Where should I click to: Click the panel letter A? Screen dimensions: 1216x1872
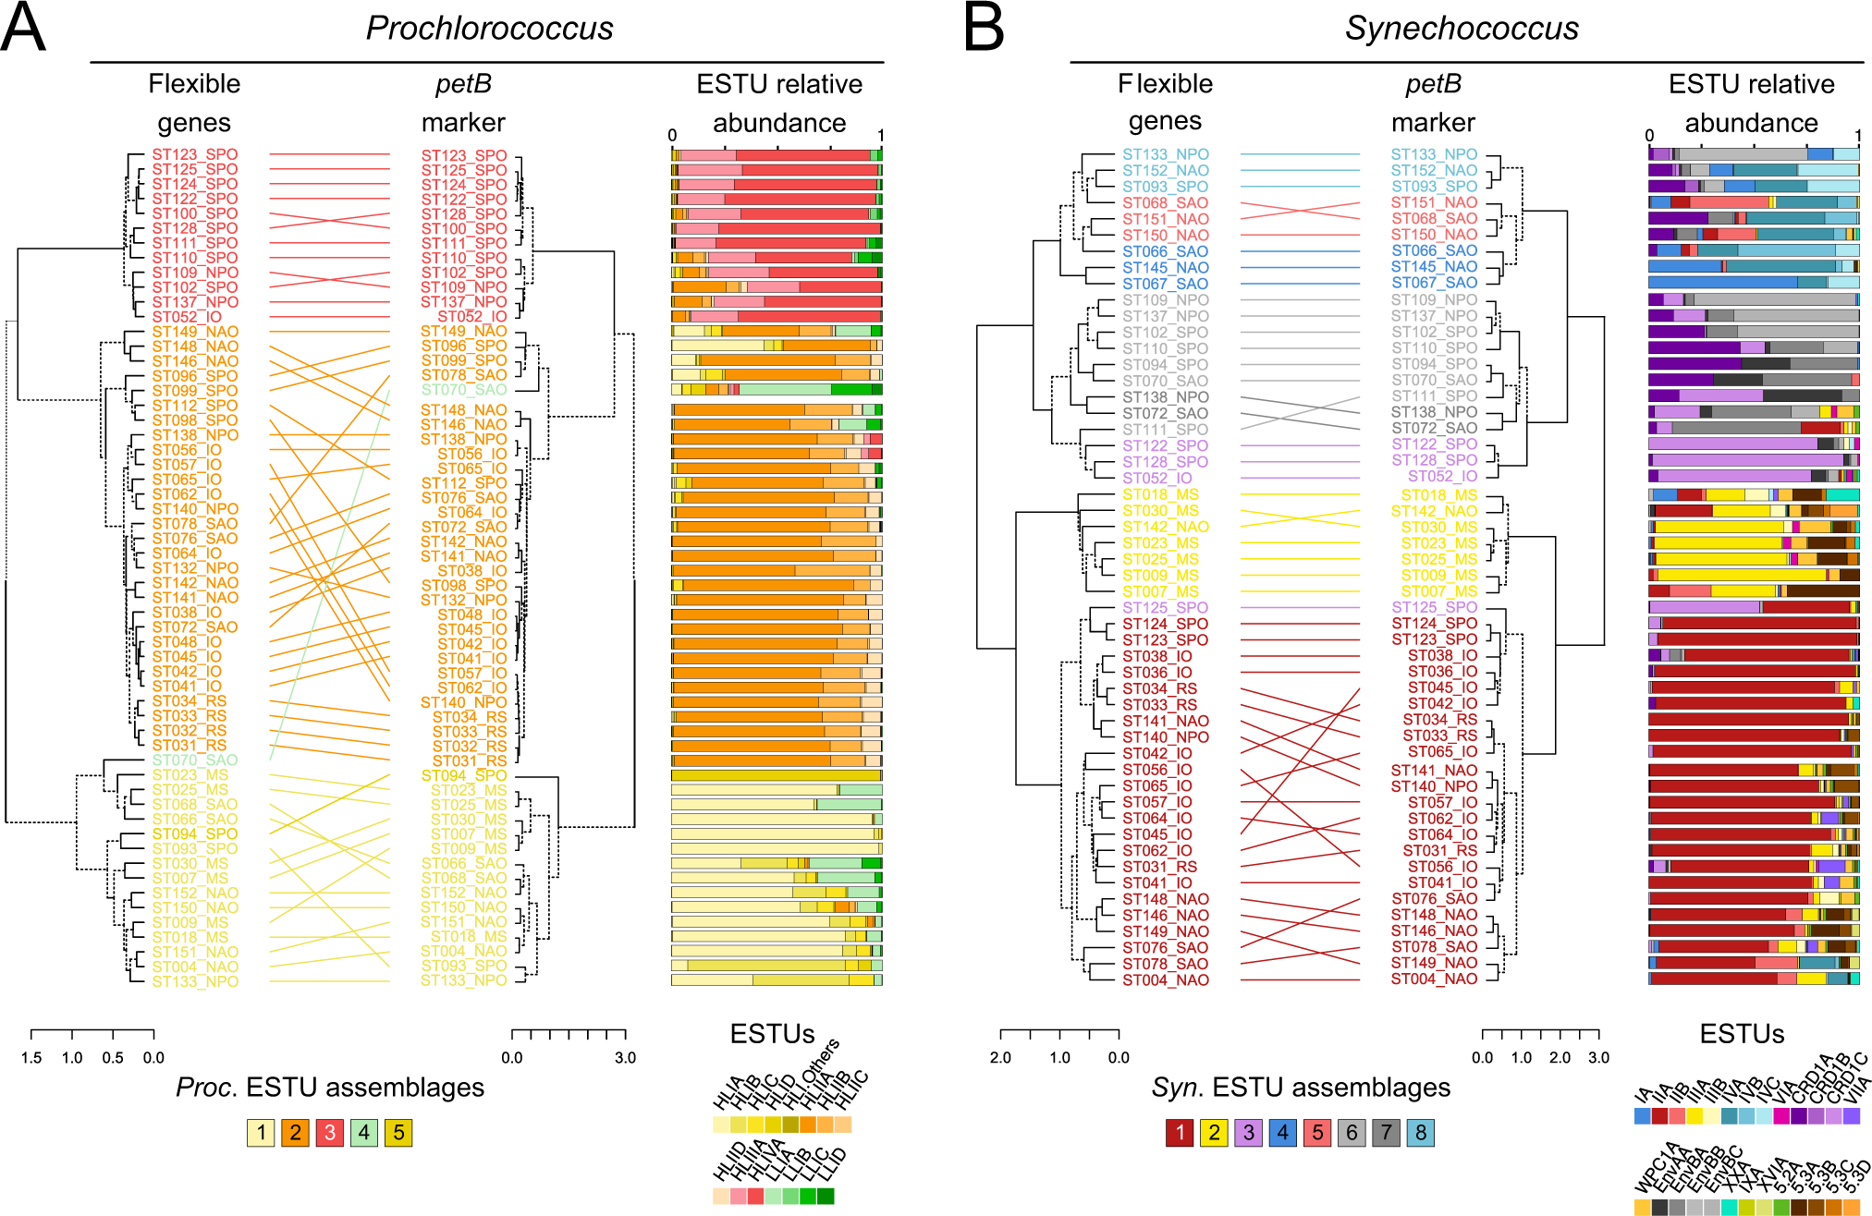coord(23,28)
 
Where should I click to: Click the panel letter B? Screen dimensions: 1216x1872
coord(984,28)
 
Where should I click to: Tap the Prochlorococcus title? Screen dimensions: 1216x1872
coord(489,29)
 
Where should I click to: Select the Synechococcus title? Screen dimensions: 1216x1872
coord(1461,29)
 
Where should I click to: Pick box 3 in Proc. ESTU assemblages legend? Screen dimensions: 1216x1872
coord(330,1133)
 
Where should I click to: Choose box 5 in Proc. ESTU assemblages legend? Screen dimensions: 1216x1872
coord(398,1133)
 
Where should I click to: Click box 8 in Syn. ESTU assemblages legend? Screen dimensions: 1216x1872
coord(1421,1133)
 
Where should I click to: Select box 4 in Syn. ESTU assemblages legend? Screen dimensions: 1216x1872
coord(1282,1133)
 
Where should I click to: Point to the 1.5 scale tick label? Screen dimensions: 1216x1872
coord(31,1058)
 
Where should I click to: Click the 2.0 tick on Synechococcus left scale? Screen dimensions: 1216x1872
coord(1000,1058)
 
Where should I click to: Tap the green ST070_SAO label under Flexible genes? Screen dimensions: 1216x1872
coord(194,760)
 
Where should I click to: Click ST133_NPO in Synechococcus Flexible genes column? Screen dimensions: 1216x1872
coord(1165,154)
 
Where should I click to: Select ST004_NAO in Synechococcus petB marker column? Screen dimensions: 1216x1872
coord(1434,979)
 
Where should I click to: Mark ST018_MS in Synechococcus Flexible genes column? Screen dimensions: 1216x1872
coord(1160,494)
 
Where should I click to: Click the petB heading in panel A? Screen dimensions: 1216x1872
coord(463,84)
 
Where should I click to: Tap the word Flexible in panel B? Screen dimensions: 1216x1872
coord(1165,84)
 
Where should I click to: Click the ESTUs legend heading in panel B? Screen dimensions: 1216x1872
coord(1742,1034)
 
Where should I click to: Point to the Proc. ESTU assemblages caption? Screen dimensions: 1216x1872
coord(330,1088)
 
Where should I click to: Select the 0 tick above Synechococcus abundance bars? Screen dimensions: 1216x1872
coord(1649,136)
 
